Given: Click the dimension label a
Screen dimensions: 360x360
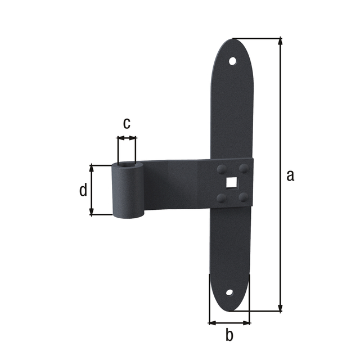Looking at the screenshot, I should (x=290, y=175).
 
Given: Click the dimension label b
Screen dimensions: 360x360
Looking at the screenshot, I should (x=229, y=336).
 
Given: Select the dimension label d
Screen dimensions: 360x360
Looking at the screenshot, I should (x=83, y=190).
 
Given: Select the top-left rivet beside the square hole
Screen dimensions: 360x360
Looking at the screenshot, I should (x=221, y=169).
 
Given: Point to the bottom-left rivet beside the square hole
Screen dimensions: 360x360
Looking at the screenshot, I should (x=221, y=197).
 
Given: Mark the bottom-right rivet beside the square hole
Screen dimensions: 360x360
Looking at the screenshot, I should (x=243, y=196).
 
